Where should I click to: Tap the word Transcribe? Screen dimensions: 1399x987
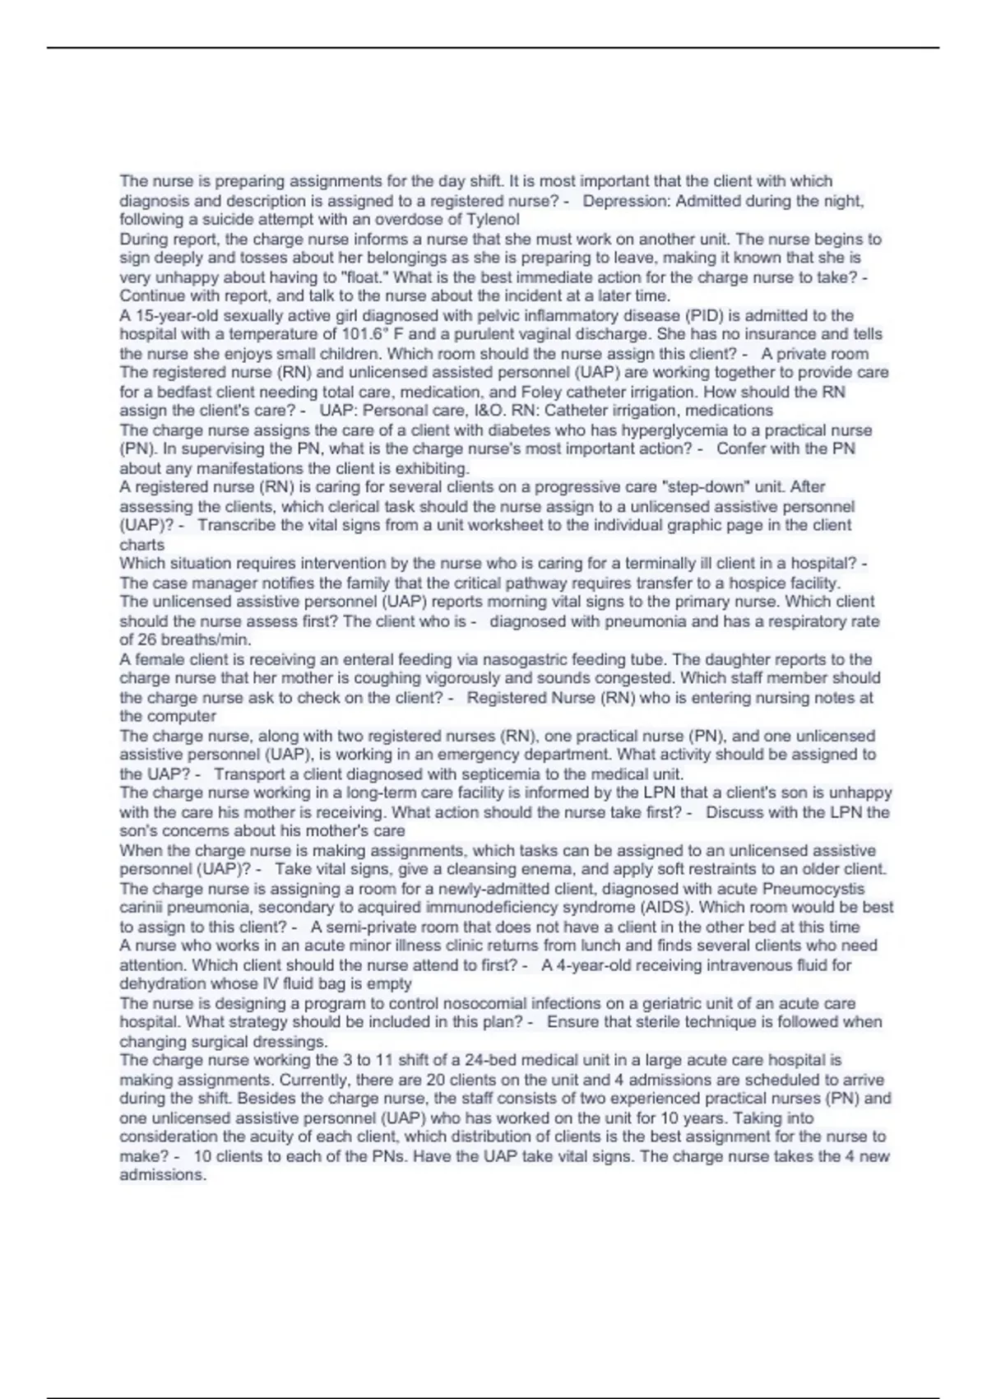(236, 525)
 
